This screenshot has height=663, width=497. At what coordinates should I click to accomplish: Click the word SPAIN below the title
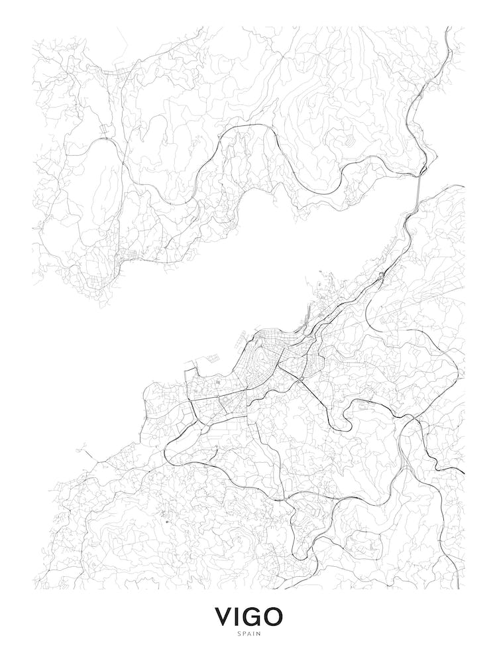click(x=248, y=634)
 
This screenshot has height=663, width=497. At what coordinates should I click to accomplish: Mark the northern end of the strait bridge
click(x=421, y=174)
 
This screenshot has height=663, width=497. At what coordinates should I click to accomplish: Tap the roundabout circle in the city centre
click(x=302, y=379)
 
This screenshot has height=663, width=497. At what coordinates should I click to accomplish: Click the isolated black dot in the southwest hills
click(x=166, y=522)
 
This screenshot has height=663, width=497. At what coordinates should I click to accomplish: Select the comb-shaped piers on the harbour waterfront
click(x=305, y=325)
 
